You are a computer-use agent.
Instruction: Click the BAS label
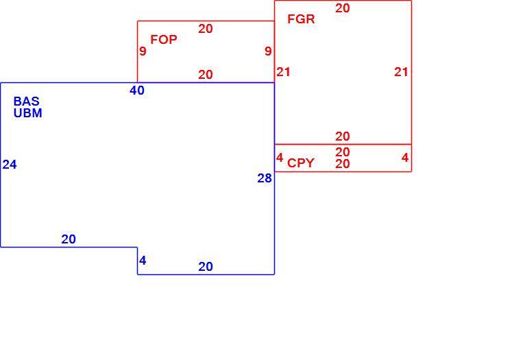coord(27,101)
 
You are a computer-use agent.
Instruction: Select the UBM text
coord(28,112)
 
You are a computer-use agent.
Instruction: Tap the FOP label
coord(164,39)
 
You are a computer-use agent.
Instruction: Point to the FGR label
coord(301,19)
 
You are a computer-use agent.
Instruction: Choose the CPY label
coord(301,163)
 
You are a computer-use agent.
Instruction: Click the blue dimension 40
coord(137,90)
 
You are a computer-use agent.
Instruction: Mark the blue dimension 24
coord(10,165)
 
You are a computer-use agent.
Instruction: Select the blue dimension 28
coord(265,178)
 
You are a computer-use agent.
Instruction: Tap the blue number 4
coord(143,261)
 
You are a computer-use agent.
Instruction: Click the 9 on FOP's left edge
coord(143,51)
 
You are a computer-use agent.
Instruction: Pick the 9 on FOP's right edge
coord(268,51)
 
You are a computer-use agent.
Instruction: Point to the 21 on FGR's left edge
coord(283,72)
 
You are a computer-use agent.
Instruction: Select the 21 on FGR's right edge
coord(401,72)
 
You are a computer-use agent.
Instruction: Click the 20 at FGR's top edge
coord(343,8)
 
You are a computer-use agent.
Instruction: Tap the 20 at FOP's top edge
coord(206,29)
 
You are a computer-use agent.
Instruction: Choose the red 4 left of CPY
coord(280,158)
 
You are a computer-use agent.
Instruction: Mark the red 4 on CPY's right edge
coord(405,158)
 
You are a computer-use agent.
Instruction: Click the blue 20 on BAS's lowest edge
coord(206,267)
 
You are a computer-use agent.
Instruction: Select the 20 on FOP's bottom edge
coord(206,75)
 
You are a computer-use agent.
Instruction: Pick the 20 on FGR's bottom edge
coord(343,136)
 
